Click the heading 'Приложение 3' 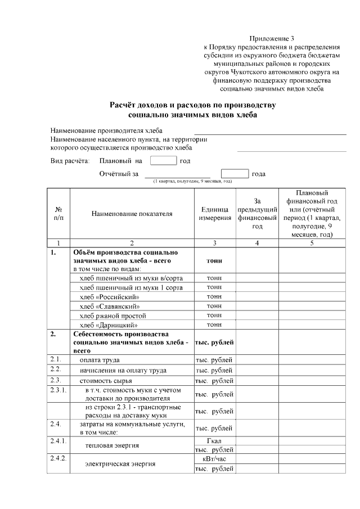(272, 38)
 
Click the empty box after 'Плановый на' (164, 161)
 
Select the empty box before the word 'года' (235, 174)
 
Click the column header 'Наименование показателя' (132, 214)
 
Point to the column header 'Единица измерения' (214, 214)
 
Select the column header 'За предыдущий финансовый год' (257, 214)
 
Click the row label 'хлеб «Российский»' (109, 296)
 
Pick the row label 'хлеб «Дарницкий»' (109, 325)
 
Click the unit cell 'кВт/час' (214, 459)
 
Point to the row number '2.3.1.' (58, 390)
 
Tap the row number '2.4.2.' (58, 459)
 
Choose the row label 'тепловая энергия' (112, 445)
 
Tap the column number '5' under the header (312, 243)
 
